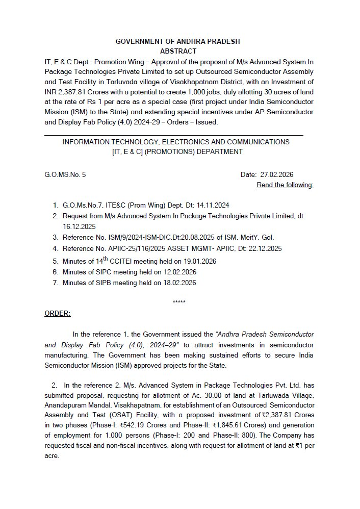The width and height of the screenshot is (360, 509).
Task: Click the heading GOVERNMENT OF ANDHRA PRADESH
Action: coord(177,41)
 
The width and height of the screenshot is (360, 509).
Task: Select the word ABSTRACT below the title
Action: coord(178,52)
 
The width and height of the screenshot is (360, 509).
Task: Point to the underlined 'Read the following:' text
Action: coord(285,185)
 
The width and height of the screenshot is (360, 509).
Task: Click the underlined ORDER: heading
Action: coord(58,313)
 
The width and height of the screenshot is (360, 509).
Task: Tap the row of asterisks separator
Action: coord(179,302)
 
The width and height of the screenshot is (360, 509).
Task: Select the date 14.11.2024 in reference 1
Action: coord(213,205)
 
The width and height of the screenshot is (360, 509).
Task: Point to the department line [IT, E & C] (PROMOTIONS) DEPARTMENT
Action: coord(177,151)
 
